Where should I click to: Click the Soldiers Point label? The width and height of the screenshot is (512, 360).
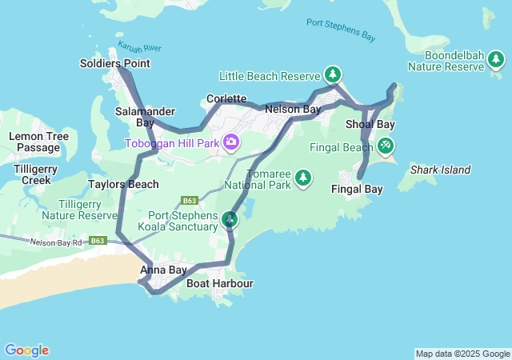[x=115, y=63]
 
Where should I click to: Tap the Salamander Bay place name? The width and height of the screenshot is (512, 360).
[x=134, y=117]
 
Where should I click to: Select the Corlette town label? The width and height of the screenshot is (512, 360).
[x=226, y=98]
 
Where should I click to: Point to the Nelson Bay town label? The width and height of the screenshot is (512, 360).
[x=293, y=109]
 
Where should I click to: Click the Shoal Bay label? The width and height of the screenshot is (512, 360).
[x=370, y=125]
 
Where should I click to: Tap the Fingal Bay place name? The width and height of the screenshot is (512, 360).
[x=357, y=190]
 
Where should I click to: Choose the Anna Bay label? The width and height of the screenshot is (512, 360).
[x=163, y=270]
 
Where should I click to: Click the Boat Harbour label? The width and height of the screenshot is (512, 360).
[x=219, y=284]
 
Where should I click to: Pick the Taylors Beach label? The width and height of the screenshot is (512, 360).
[x=123, y=184]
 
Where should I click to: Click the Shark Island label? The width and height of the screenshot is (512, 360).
[x=440, y=170]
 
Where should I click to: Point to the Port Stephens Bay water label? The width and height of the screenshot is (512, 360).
[x=341, y=30]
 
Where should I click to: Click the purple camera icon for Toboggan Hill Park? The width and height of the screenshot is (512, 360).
[x=231, y=142]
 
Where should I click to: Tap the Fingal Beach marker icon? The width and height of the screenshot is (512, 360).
[x=386, y=146]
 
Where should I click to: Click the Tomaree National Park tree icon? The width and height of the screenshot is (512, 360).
[x=303, y=178]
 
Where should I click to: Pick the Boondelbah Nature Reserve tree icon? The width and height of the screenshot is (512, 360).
[x=497, y=59]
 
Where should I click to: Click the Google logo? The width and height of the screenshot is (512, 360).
[x=26, y=350]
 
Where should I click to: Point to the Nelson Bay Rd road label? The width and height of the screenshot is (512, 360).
[x=56, y=242]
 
